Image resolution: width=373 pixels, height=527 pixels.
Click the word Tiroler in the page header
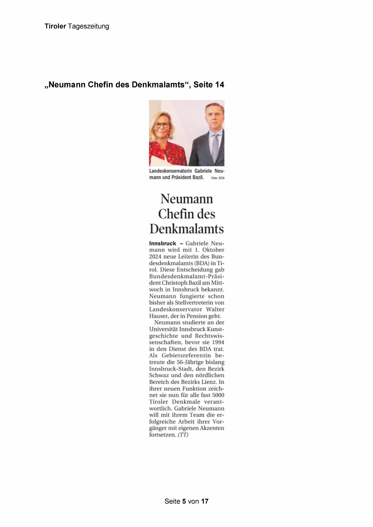[55, 26]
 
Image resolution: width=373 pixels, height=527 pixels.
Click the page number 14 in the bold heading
[219, 85]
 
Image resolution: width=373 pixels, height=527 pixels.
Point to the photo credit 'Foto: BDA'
[218, 178]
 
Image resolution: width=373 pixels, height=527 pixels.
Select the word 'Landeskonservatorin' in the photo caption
[170, 171]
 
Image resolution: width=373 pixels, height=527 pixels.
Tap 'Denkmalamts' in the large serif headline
[187, 229]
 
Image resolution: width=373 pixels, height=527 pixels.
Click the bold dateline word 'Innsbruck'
[163, 243]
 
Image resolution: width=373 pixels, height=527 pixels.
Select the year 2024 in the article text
[155, 257]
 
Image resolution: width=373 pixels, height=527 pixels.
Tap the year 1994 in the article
[218, 343]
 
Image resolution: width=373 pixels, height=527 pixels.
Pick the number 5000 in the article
[218, 395]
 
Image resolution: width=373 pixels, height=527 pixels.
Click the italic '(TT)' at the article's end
[183, 435]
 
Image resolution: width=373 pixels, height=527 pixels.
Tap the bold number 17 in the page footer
[205, 501]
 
